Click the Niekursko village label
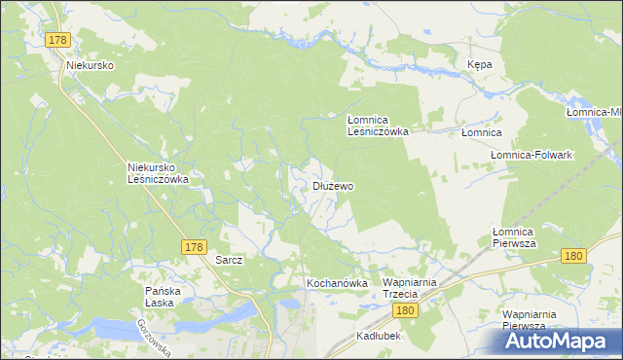(x=92, y=65)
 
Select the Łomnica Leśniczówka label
(x=379, y=125)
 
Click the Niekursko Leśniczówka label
(x=158, y=172)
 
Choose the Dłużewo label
(x=333, y=185)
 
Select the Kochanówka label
(x=337, y=283)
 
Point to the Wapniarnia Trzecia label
(x=414, y=288)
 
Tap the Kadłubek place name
(x=379, y=335)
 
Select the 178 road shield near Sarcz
(x=192, y=248)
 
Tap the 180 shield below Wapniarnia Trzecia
(x=407, y=310)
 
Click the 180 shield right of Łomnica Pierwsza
(x=573, y=255)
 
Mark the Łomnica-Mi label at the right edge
(x=594, y=113)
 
